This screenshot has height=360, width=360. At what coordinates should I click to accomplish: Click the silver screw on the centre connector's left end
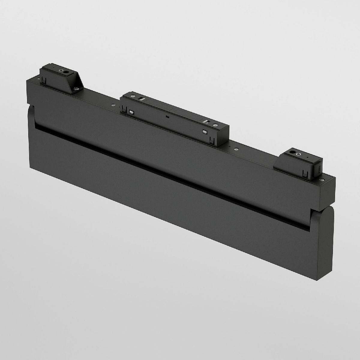click(x=131, y=96)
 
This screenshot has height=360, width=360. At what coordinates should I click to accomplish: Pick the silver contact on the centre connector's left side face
click(x=131, y=112)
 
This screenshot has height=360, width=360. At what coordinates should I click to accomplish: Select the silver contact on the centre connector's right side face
click(x=205, y=131)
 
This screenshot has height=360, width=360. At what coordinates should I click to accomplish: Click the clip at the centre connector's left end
click(x=123, y=109)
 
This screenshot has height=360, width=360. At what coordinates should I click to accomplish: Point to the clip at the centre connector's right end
click(x=212, y=139)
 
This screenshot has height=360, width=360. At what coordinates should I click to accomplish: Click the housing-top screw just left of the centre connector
click(x=113, y=105)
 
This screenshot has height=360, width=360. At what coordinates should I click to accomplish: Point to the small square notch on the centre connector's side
click(x=168, y=116)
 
